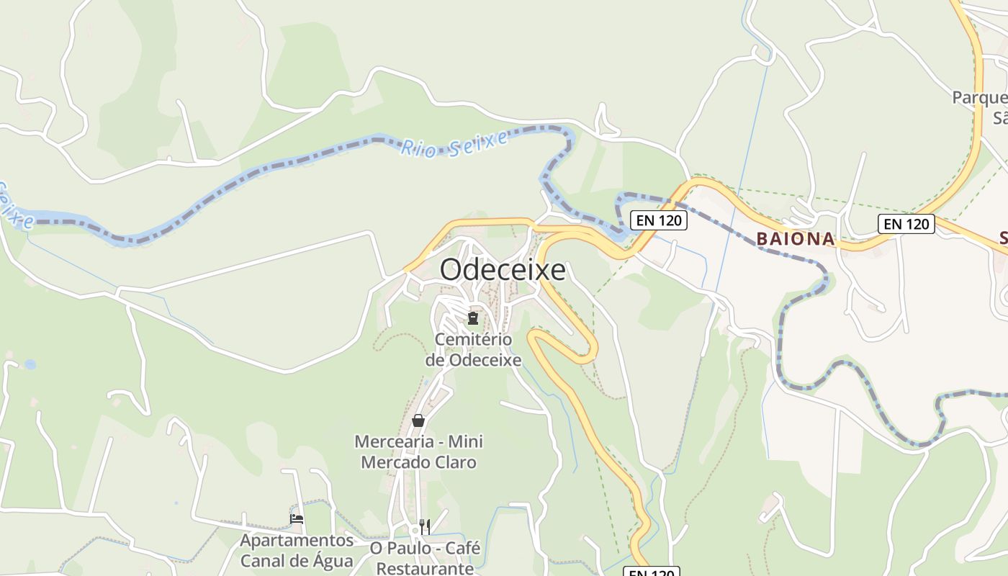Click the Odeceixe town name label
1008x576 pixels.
coord(503,270)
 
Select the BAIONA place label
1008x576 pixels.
coord(796,239)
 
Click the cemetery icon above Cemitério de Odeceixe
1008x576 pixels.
coord(473,318)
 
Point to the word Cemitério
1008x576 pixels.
coord(473,339)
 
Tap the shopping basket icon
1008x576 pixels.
coord(418,420)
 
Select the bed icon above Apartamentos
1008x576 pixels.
coord(297,518)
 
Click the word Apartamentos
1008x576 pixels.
coord(297,540)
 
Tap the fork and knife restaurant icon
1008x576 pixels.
coord(425,527)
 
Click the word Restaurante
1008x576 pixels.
coord(425,568)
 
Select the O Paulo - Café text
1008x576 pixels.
coord(425,548)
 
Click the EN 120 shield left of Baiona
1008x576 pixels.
coord(659,220)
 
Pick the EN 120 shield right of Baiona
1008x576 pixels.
coord(906,224)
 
